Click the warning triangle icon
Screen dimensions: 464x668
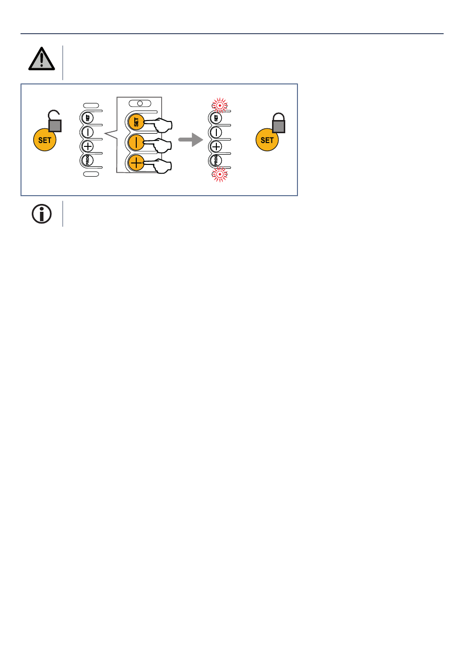tap(42, 60)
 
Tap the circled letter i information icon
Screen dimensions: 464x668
tap(42, 214)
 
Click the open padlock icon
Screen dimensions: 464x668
tap(54, 121)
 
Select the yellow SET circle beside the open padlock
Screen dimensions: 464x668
tap(44, 140)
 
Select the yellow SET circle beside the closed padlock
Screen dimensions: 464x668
tap(267, 140)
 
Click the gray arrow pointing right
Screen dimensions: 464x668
tap(190, 140)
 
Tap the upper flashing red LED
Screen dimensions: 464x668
tap(220, 105)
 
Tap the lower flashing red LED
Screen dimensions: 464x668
tap(220, 174)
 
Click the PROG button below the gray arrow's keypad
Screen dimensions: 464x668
tap(216, 160)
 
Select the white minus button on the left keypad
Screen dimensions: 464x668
tap(88, 132)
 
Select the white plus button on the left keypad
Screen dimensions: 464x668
tap(88, 146)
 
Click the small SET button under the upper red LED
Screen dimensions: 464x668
tap(216, 118)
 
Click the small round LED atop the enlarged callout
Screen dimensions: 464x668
tap(140, 103)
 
